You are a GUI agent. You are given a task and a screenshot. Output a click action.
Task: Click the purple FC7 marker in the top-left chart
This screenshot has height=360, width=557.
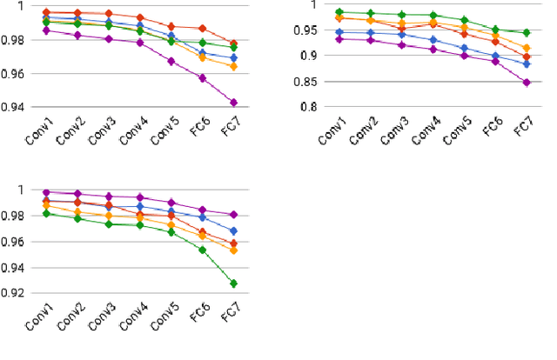[x=232, y=103]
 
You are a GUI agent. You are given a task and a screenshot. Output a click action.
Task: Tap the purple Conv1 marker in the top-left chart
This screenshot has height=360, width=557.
[x=46, y=30]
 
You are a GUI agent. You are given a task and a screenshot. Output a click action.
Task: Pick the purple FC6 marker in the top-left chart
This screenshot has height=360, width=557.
[x=202, y=78]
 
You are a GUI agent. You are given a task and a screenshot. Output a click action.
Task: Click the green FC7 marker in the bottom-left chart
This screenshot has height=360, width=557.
[x=232, y=283]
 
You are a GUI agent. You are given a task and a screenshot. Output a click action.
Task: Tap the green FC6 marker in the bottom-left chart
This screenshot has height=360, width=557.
[x=202, y=250]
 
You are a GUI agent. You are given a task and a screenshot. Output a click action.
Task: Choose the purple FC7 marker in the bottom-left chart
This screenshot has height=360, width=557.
[x=232, y=215]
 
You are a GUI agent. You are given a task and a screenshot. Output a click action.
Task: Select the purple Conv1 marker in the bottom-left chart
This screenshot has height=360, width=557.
[x=46, y=192]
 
